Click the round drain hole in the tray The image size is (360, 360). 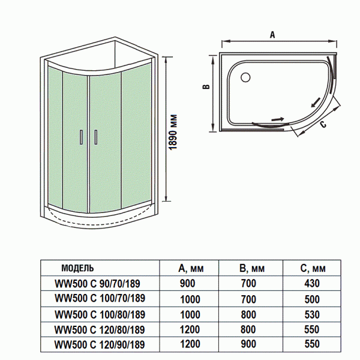click(x=245, y=77)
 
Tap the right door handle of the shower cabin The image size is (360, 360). click(x=95, y=137)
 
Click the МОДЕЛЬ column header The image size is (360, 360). click(x=78, y=268)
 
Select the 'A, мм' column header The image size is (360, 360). click(x=190, y=268)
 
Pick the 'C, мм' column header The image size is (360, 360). click(x=312, y=268)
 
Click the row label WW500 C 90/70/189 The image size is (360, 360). click(x=98, y=283)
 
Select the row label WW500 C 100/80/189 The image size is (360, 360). click(x=100, y=314)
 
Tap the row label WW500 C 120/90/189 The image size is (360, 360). click(x=100, y=344)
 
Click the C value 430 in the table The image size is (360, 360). click(x=312, y=283)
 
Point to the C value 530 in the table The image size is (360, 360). click(x=312, y=314)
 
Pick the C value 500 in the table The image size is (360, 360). click(x=312, y=298)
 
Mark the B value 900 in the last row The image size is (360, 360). click(x=248, y=344)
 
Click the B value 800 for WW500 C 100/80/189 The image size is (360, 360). click(x=248, y=314)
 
